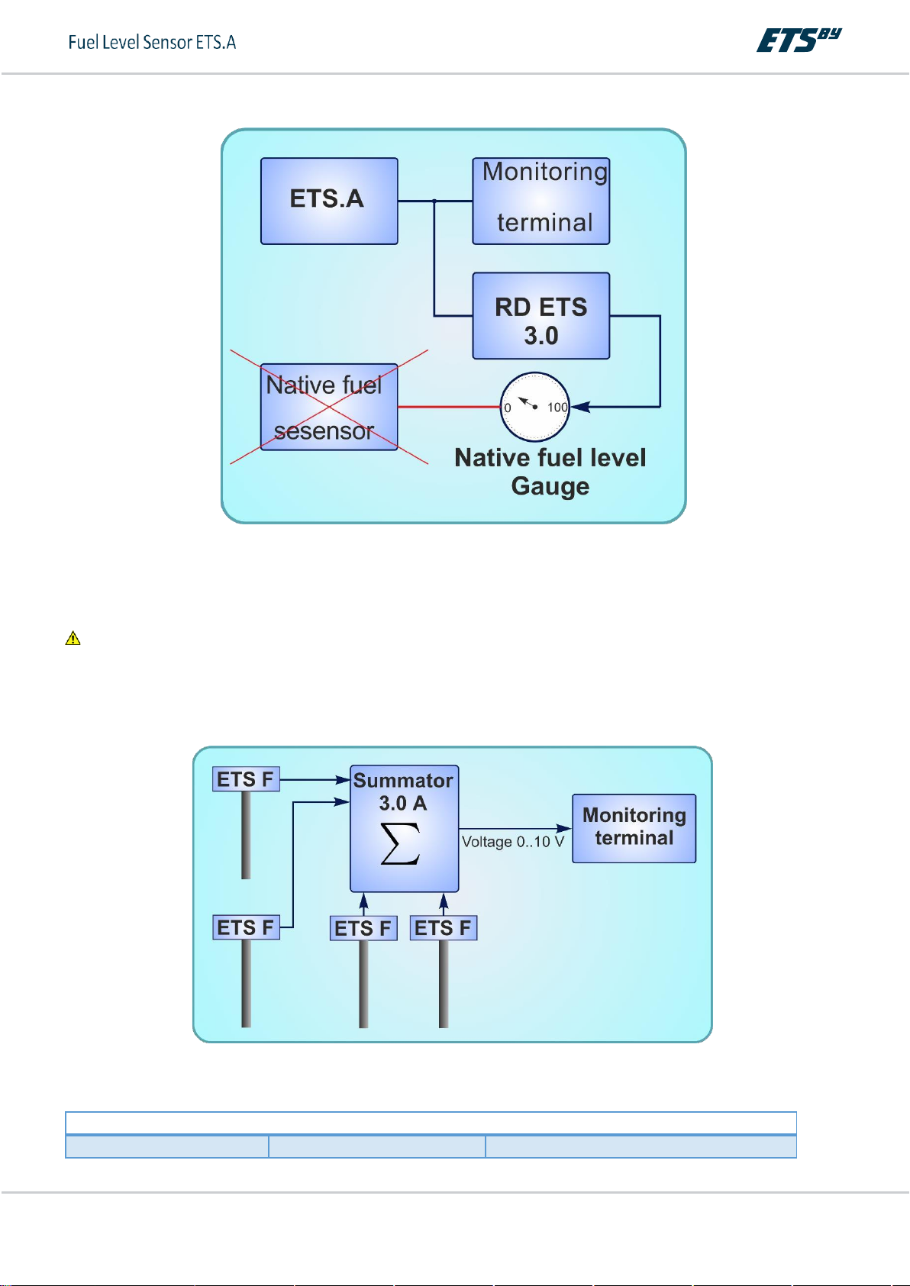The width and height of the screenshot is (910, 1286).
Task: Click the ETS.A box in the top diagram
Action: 329,201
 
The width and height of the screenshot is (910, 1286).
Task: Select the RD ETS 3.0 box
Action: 541,316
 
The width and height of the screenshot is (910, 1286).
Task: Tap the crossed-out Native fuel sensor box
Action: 329,407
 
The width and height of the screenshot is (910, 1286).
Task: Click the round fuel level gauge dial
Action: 534,407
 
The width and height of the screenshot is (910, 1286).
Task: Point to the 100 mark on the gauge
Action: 557,408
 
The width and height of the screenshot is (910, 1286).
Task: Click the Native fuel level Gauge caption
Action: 550,472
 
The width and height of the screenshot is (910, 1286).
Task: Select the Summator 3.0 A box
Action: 404,828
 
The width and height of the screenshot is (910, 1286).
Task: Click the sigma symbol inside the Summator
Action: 401,843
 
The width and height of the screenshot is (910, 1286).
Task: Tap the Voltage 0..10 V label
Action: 513,842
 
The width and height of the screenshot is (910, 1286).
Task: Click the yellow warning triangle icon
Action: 73,638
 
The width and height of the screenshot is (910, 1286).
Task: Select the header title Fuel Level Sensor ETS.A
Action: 152,42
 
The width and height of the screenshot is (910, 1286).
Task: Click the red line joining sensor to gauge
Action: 448,407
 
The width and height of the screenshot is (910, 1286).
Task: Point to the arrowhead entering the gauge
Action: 580,407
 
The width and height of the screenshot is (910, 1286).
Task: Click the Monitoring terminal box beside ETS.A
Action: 541,201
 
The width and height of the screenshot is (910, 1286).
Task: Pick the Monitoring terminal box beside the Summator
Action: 634,828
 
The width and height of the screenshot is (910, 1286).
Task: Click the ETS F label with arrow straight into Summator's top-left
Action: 246,779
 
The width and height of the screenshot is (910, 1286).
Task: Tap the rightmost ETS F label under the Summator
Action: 443,928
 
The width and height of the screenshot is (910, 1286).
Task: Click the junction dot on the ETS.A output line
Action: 434,201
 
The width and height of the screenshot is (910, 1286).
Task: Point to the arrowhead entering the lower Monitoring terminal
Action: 565,828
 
